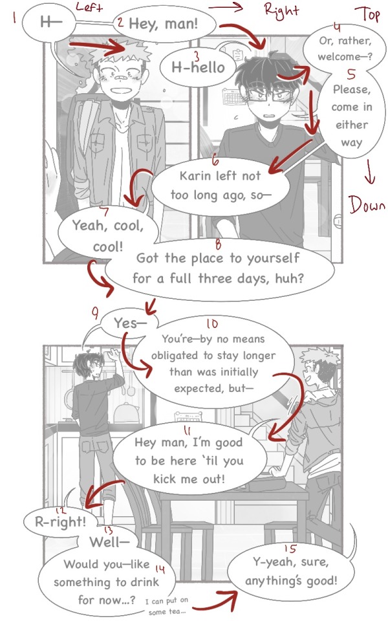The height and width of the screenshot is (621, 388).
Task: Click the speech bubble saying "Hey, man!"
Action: click(164, 25)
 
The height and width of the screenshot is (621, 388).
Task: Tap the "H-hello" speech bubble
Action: click(198, 67)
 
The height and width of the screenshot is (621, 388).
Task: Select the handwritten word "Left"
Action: click(89, 6)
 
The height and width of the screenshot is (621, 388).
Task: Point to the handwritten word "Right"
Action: click(281, 10)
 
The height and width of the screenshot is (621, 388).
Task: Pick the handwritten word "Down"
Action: click(367, 204)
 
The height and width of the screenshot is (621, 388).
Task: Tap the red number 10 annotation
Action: click(212, 323)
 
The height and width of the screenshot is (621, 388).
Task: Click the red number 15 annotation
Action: click(290, 549)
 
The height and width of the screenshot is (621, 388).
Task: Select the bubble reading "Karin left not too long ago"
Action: click(220, 186)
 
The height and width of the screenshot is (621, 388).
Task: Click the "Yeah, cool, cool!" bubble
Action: click(108, 235)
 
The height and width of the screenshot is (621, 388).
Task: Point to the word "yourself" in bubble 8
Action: click(273, 259)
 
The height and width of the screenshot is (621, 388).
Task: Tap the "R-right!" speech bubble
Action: click(60, 521)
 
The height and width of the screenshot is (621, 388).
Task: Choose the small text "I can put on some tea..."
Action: click(167, 606)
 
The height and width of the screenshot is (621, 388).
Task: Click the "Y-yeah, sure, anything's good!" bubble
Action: click(291, 571)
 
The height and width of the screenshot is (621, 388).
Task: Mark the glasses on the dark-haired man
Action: click(270, 94)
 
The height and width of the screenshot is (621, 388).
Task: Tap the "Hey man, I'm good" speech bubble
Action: click(189, 460)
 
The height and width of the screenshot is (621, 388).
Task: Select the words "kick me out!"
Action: click(189, 479)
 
